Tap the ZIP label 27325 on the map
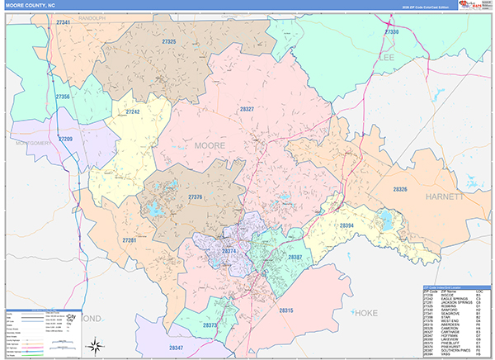point(169,41)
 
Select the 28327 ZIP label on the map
point(246,109)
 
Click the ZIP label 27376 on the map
point(196,197)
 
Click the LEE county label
point(388,57)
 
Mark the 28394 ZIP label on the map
point(346,224)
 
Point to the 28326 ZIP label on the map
point(400,189)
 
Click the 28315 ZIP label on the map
point(286,310)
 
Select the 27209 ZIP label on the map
point(66,139)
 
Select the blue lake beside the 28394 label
point(384,220)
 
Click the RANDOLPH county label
point(70,17)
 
